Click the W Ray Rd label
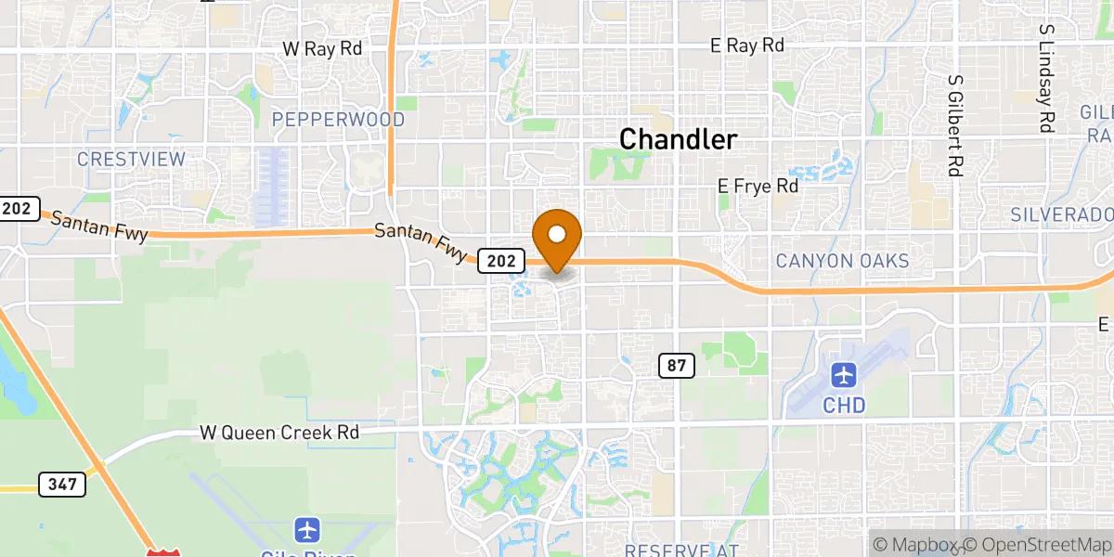click(x=322, y=47)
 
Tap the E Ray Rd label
click(x=747, y=45)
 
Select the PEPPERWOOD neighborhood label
click(x=338, y=120)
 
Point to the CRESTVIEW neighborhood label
click(x=131, y=159)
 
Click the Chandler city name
click(x=678, y=140)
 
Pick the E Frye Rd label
click(x=758, y=187)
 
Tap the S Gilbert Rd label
click(x=953, y=125)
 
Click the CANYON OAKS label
click(x=842, y=261)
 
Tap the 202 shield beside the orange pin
click(x=499, y=262)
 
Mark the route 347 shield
click(x=62, y=484)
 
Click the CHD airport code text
click(x=843, y=406)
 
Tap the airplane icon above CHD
click(x=843, y=376)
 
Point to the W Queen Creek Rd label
click(x=279, y=433)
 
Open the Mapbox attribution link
click(x=914, y=545)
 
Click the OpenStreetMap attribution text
click(x=1035, y=545)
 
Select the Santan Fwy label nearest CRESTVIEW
click(x=98, y=227)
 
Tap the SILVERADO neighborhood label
click(x=1061, y=214)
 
